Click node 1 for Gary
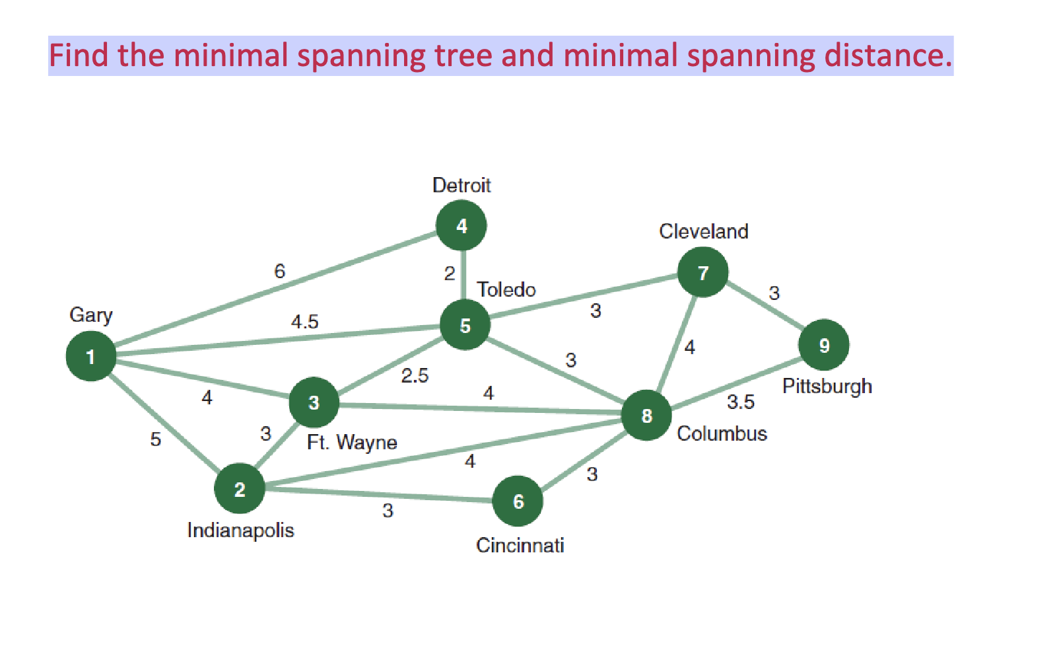tap(91, 356)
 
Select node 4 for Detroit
tap(461, 226)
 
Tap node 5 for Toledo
tap(465, 325)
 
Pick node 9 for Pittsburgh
tap(823, 345)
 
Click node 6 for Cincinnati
tap(518, 501)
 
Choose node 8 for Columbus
tap(646, 415)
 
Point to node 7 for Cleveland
tap(702, 272)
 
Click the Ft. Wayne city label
tap(352, 442)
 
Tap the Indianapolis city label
tap(240, 530)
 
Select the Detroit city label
tap(461, 185)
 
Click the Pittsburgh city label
tap(827, 386)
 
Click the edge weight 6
tap(280, 271)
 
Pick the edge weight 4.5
tap(304, 322)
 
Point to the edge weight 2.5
tap(415, 376)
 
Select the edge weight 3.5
tap(740, 402)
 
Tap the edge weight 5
tap(156, 439)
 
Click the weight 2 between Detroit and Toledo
tap(450, 274)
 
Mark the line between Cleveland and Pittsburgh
tap(765, 307)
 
